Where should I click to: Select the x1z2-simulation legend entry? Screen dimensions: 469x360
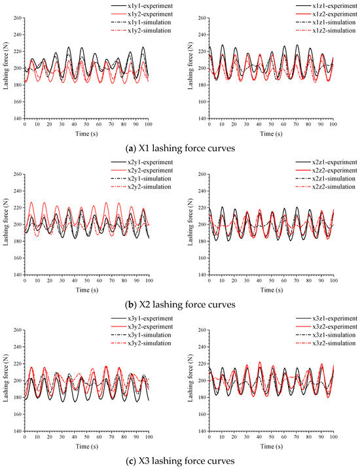pos(308,31)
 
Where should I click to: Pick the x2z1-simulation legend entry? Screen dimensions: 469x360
pos(308,179)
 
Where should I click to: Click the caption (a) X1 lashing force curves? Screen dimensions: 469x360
pos(179,147)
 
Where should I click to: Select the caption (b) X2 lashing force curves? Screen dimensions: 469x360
pos(179,304)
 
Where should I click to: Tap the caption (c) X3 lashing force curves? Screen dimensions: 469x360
pos(179,460)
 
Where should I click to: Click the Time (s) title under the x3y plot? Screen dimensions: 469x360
pos(86,445)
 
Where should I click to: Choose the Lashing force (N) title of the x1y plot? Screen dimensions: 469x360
pos(6,68)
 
